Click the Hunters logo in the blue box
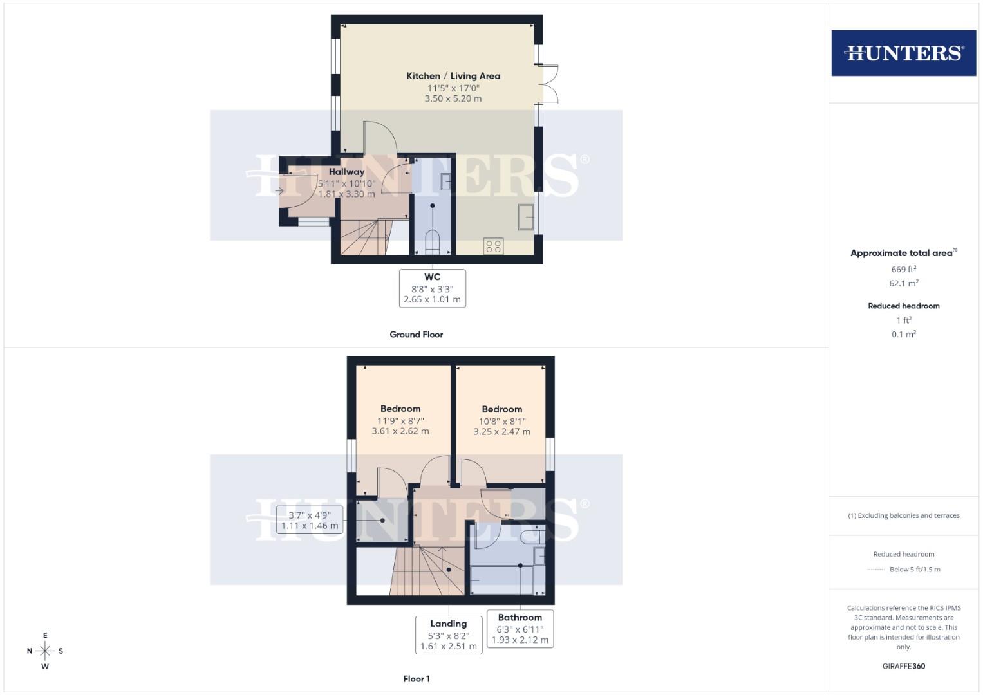[x=903, y=53]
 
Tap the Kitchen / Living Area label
[x=453, y=76]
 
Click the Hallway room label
[x=346, y=172]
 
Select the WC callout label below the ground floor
[x=432, y=288]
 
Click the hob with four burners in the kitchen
[x=494, y=246]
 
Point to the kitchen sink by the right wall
[x=526, y=217]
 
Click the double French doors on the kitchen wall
[x=548, y=84]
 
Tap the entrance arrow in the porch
[x=279, y=191]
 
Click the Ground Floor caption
[x=416, y=335]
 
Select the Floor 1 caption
[x=416, y=679]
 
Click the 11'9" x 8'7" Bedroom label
[x=400, y=420]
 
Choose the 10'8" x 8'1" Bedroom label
[x=501, y=420]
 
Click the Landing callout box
[x=448, y=635]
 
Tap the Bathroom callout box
[x=520, y=629]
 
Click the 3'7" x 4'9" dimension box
[x=309, y=520]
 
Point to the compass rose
[x=45, y=651]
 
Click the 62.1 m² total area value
[x=903, y=283]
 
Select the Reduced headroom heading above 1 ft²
[x=903, y=306]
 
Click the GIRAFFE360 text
[x=903, y=666]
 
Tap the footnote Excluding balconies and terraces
[x=903, y=515]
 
